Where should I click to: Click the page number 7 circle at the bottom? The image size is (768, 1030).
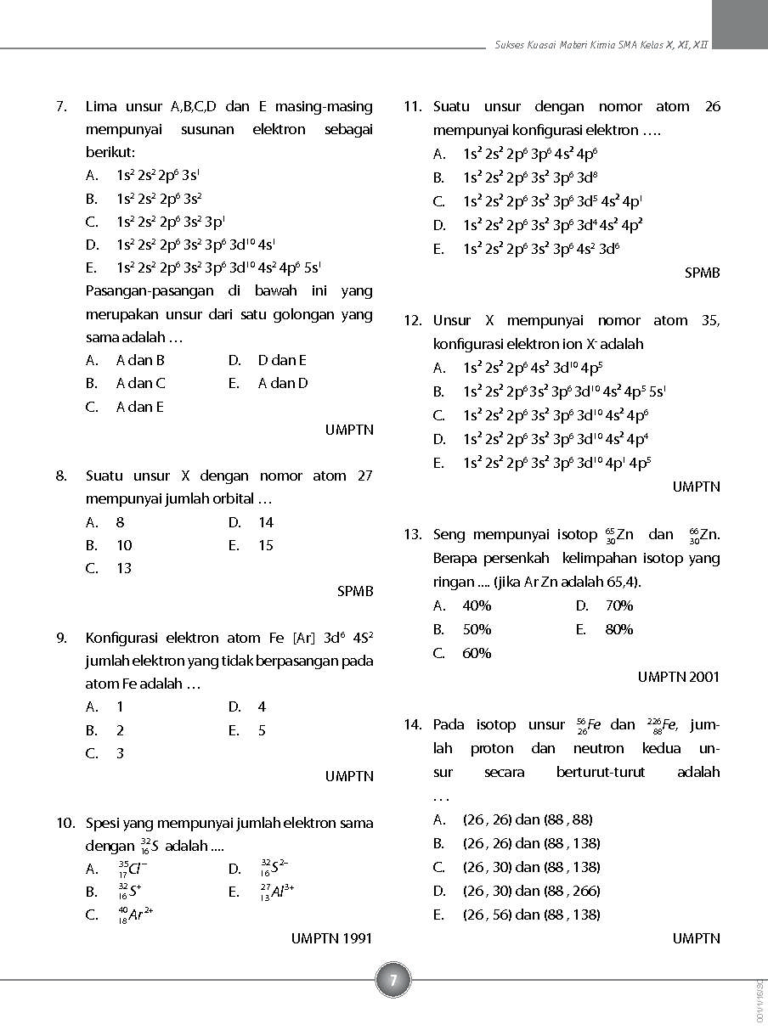coord(393,981)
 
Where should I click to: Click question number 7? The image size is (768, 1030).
coord(61,107)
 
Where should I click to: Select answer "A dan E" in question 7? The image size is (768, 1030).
coord(139,407)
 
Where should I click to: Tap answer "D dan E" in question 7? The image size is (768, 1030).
coord(282,360)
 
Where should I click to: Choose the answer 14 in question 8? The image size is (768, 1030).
coord(266,522)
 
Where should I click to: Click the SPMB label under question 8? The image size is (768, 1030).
coord(355,591)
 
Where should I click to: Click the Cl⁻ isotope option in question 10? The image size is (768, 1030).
coord(133,869)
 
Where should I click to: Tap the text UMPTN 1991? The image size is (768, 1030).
coord(331,938)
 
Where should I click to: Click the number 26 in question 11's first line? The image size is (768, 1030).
coord(712,107)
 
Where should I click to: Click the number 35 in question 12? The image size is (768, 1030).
coord(710,321)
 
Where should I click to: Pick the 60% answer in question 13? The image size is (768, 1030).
coord(477,653)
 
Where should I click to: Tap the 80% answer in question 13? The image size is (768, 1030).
coord(618,629)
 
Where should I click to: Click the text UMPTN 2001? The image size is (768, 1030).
coord(678,677)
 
